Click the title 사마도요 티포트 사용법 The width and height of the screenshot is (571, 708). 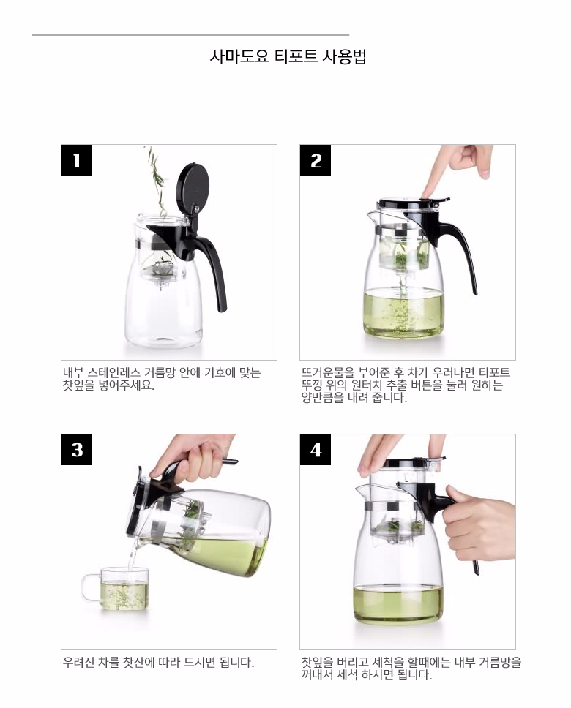pos(288,57)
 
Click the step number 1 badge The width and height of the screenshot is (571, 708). pos(77,160)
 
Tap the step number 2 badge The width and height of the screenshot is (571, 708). pos(316,160)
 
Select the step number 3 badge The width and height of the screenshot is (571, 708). pos(77,450)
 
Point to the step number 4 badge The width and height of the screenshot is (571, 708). pos(316,450)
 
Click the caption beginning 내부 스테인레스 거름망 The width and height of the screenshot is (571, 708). pos(161,379)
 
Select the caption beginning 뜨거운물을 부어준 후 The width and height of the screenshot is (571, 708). pos(405,385)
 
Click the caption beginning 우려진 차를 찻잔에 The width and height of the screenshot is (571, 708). pos(158,663)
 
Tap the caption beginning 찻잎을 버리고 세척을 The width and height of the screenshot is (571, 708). pos(411,669)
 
